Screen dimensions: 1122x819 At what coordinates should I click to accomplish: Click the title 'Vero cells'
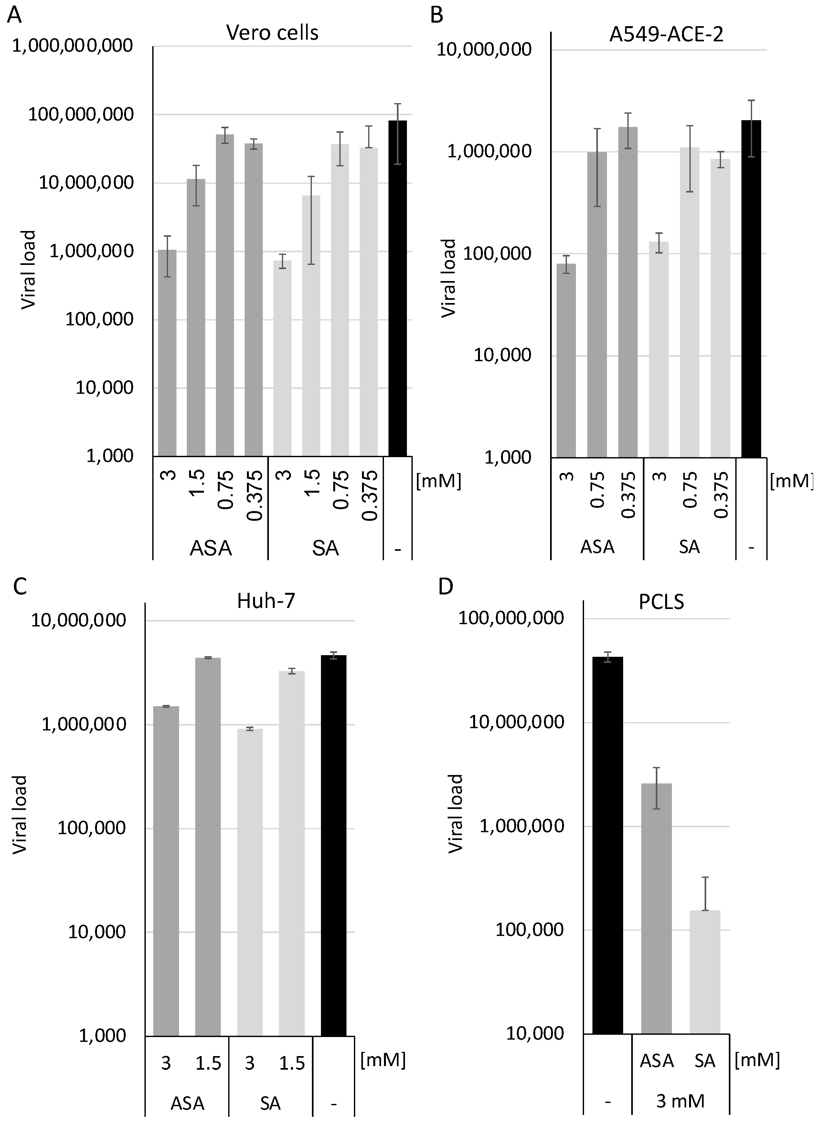coord(272,33)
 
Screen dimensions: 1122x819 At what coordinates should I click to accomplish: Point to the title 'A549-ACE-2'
coord(666,35)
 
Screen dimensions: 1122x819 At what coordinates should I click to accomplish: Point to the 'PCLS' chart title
coord(661,602)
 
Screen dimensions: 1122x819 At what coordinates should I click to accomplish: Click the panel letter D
coord(446,586)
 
